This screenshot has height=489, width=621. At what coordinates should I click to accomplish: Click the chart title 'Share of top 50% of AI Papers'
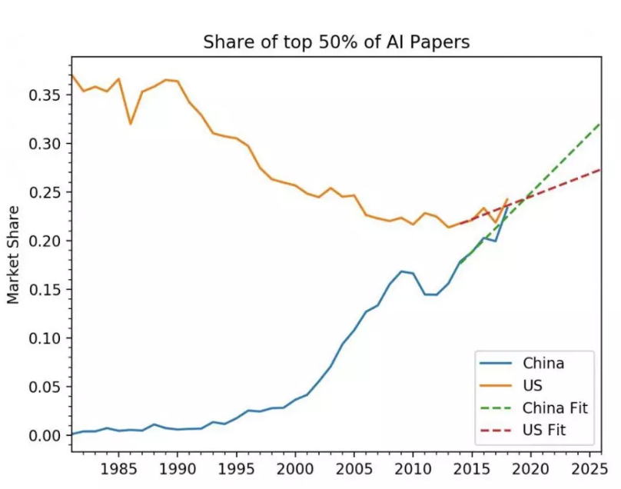coord(336,42)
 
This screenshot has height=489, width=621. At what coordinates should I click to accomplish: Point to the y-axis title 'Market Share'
coord(13,254)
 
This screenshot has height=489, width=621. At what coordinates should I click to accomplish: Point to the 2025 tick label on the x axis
coord(587,468)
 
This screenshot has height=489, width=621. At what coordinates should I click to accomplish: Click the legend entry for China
coord(543,363)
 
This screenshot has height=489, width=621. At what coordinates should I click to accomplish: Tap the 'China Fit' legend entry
coord(554,407)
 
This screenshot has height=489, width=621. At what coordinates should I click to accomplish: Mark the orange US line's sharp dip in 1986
coord(131,124)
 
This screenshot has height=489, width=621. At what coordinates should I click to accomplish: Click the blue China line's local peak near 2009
coord(401,271)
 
